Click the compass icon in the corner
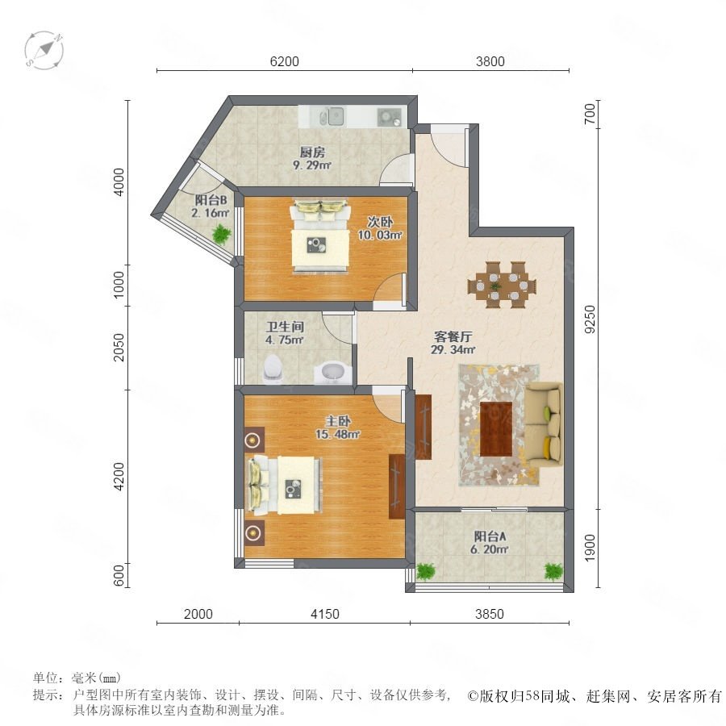pos(44,51)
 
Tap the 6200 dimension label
pos(284,61)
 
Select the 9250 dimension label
pos(590,319)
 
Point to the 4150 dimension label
pos(324,614)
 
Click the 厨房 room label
pos(312,152)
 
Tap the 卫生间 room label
pos(285,327)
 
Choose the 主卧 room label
pos(338,421)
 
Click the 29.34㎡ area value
pos(453,349)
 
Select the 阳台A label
pos(490,536)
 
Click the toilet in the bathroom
pos(273,369)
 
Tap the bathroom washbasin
pos(332,372)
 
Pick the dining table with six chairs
pos(503,284)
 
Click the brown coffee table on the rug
pos(496,428)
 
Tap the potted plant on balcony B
pos(221,234)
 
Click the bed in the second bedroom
pos(319,236)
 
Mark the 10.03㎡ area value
pos(380,235)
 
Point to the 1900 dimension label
pos(590,548)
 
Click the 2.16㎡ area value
pos(211,213)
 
